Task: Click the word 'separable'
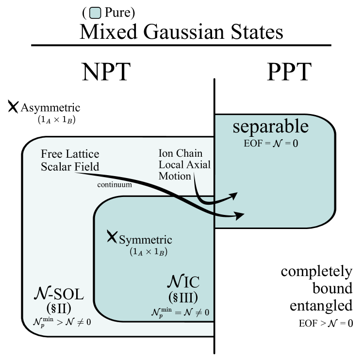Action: (270, 127)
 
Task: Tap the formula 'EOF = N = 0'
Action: (270, 144)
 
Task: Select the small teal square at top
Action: (95, 13)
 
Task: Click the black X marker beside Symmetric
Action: (112, 236)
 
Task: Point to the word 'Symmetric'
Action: (146, 240)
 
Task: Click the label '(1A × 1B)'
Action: (148, 252)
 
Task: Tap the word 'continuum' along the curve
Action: (115, 185)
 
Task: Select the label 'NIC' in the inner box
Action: (183, 282)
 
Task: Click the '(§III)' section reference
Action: (183, 296)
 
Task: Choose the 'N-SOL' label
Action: (59, 294)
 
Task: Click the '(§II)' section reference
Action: (59, 307)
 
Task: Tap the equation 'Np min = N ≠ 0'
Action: (180, 312)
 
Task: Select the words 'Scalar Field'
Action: (70, 167)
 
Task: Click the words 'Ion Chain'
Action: (181, 153)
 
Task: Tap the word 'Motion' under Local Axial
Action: (175, 176)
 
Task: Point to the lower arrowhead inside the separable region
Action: (240, 215)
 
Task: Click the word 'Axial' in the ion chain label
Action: (198, 165)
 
